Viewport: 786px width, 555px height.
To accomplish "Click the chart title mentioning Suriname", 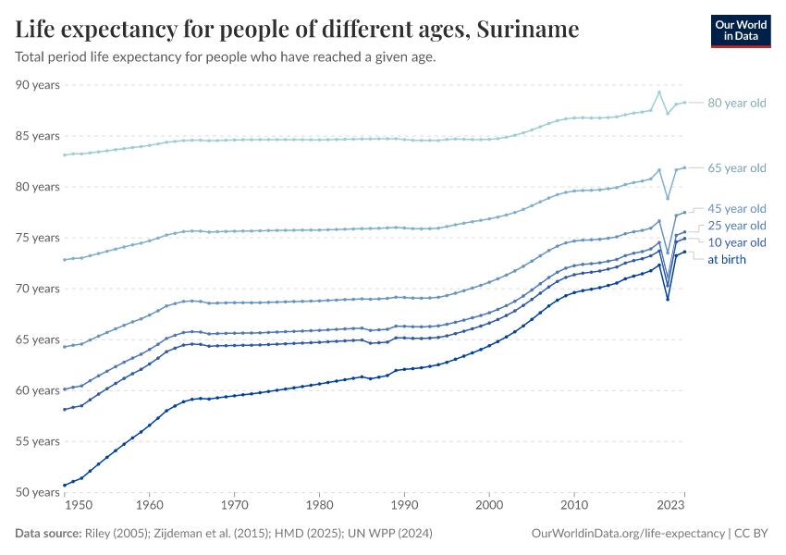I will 297,30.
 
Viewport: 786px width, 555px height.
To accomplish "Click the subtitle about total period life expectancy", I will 226,57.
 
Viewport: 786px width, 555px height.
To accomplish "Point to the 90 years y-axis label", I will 38,85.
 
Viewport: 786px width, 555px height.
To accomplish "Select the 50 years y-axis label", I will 38,492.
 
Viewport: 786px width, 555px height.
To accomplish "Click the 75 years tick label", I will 38,238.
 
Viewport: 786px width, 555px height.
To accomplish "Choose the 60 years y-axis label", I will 38,390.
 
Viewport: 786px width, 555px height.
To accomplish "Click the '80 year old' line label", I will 736,103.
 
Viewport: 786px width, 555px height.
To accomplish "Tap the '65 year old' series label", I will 736,168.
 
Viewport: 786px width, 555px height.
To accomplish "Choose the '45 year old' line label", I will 736,208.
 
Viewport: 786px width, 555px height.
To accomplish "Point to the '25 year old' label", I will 736,226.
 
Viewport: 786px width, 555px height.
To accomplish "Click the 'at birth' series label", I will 727,260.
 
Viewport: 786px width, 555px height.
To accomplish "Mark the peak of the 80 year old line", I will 658,92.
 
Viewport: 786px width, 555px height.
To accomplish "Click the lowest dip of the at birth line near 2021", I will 668,299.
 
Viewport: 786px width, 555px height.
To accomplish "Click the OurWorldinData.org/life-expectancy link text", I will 629,534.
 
